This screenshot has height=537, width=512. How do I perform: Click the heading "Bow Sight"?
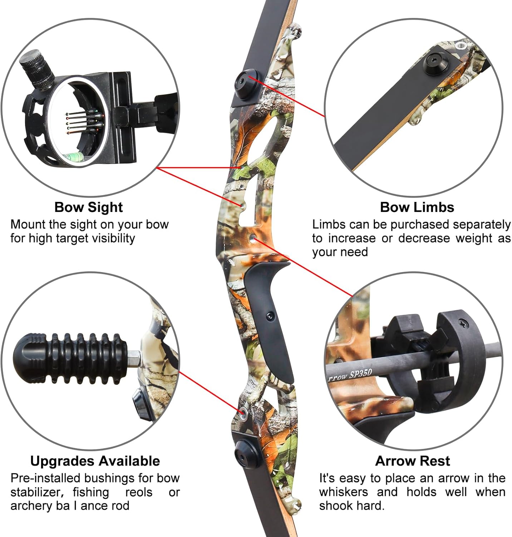point(88,207)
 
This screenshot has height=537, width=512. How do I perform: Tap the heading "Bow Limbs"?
point(417,207)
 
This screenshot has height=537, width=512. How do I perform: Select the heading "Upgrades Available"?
point(95,461)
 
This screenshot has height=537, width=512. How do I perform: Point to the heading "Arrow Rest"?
point(413,461)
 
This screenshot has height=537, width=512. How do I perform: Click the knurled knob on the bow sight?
point(36,69)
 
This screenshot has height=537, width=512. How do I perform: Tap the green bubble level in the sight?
point(74,156)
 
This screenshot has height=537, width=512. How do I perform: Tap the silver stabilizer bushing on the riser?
point(244,412)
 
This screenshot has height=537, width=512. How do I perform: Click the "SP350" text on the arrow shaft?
point(361,374)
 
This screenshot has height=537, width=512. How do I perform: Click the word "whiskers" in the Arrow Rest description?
point(344,492)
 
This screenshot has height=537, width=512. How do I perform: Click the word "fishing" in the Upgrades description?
point(91,493)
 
